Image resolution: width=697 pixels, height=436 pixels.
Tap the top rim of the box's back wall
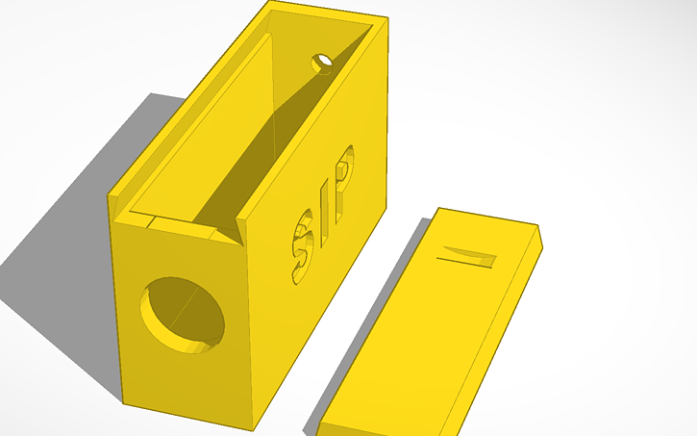tap(327, 13)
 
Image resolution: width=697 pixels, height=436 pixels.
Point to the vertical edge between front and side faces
tap(252, 327)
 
